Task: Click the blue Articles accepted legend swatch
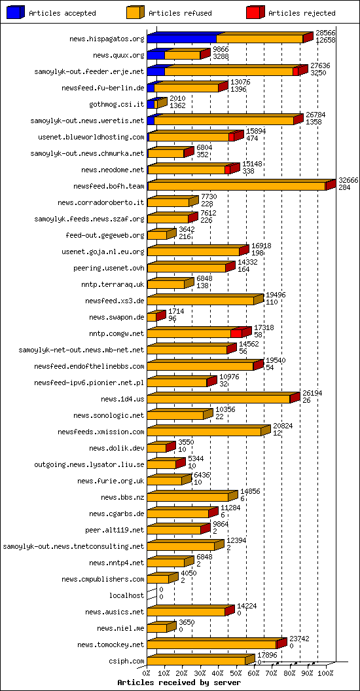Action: tap(15, 12)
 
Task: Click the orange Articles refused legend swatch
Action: tap(135, 12)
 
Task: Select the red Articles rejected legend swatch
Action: tap(255, 12)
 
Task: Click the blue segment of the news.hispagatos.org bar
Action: tap(181, 39)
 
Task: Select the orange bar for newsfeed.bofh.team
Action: tap(236, 186)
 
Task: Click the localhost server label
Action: tap(127, 595)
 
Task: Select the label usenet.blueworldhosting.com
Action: tap(92, 137)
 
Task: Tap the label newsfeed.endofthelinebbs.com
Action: tap(89, 366)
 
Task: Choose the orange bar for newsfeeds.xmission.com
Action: tap(204, 432)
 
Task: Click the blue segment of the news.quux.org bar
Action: tap(156, 55)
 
